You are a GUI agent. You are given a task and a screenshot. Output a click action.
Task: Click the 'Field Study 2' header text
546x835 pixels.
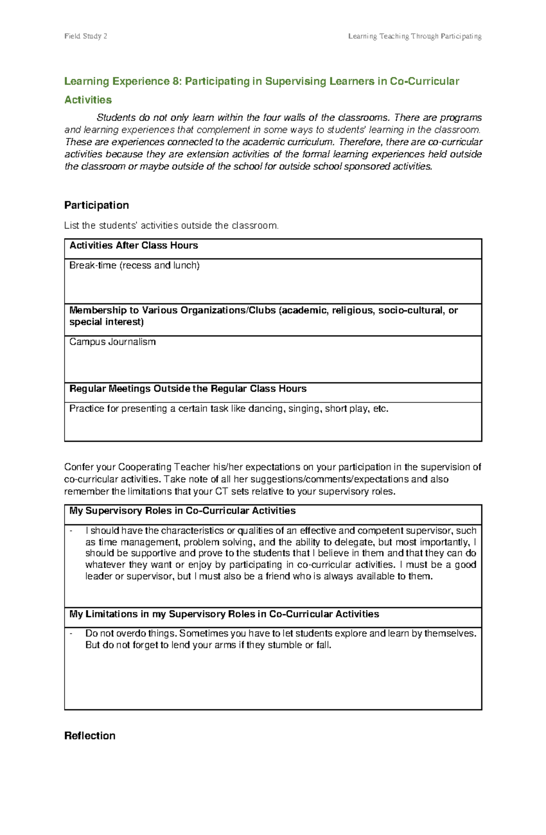(86, 36)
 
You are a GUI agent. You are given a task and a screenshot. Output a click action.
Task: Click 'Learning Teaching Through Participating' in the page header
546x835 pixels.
(415, 36)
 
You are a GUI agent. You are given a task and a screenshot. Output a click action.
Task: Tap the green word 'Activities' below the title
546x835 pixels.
(88, 100)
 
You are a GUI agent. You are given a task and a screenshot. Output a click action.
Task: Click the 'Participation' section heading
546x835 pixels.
(96, 205)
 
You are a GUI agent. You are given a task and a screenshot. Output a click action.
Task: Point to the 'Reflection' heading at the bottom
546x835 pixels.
(90, 736)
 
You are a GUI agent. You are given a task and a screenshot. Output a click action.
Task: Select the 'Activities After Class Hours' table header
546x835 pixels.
(133, 246)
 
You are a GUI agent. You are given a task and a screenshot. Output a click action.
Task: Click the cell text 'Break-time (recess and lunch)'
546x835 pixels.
(134, 265)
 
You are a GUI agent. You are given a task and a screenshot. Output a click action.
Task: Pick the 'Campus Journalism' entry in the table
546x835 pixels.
(112, 342)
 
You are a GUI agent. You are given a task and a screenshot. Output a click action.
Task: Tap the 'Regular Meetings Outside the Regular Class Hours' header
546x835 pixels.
(187, 389)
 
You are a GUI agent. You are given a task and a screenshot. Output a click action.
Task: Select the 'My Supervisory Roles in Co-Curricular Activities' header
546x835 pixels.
(182, 511)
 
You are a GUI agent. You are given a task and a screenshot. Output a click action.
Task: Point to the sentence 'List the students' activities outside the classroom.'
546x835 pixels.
(171, 226)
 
